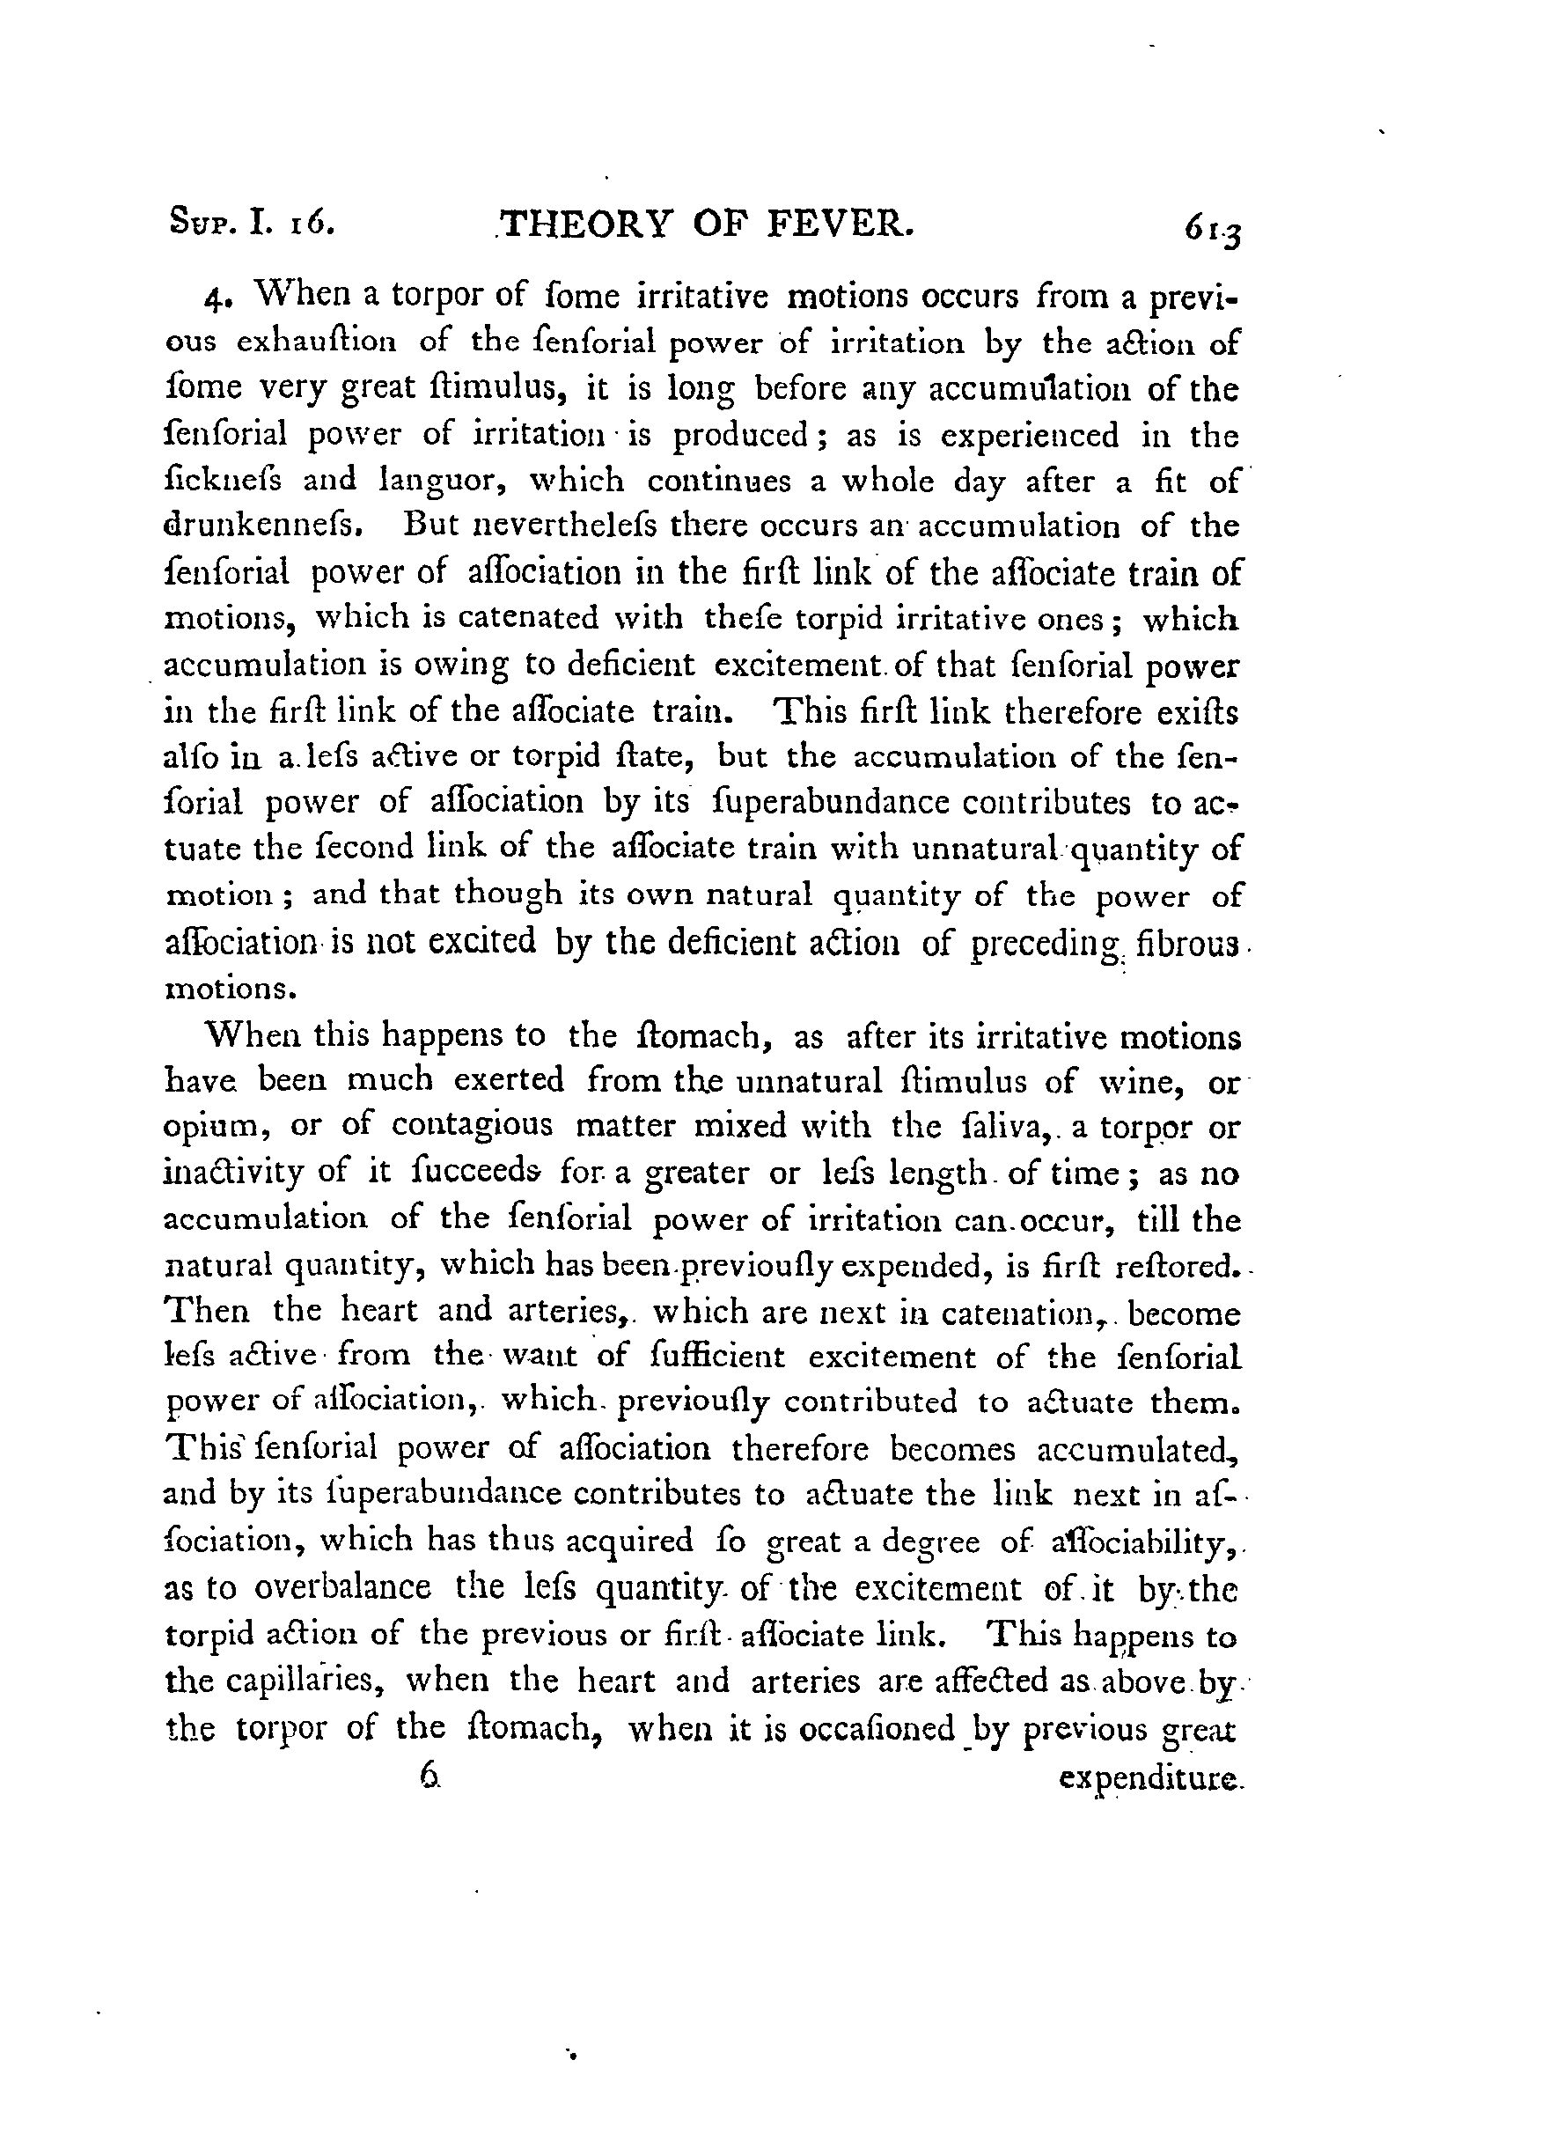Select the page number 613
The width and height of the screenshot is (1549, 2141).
point(1214,231)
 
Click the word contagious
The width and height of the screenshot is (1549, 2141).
point(472,1127)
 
